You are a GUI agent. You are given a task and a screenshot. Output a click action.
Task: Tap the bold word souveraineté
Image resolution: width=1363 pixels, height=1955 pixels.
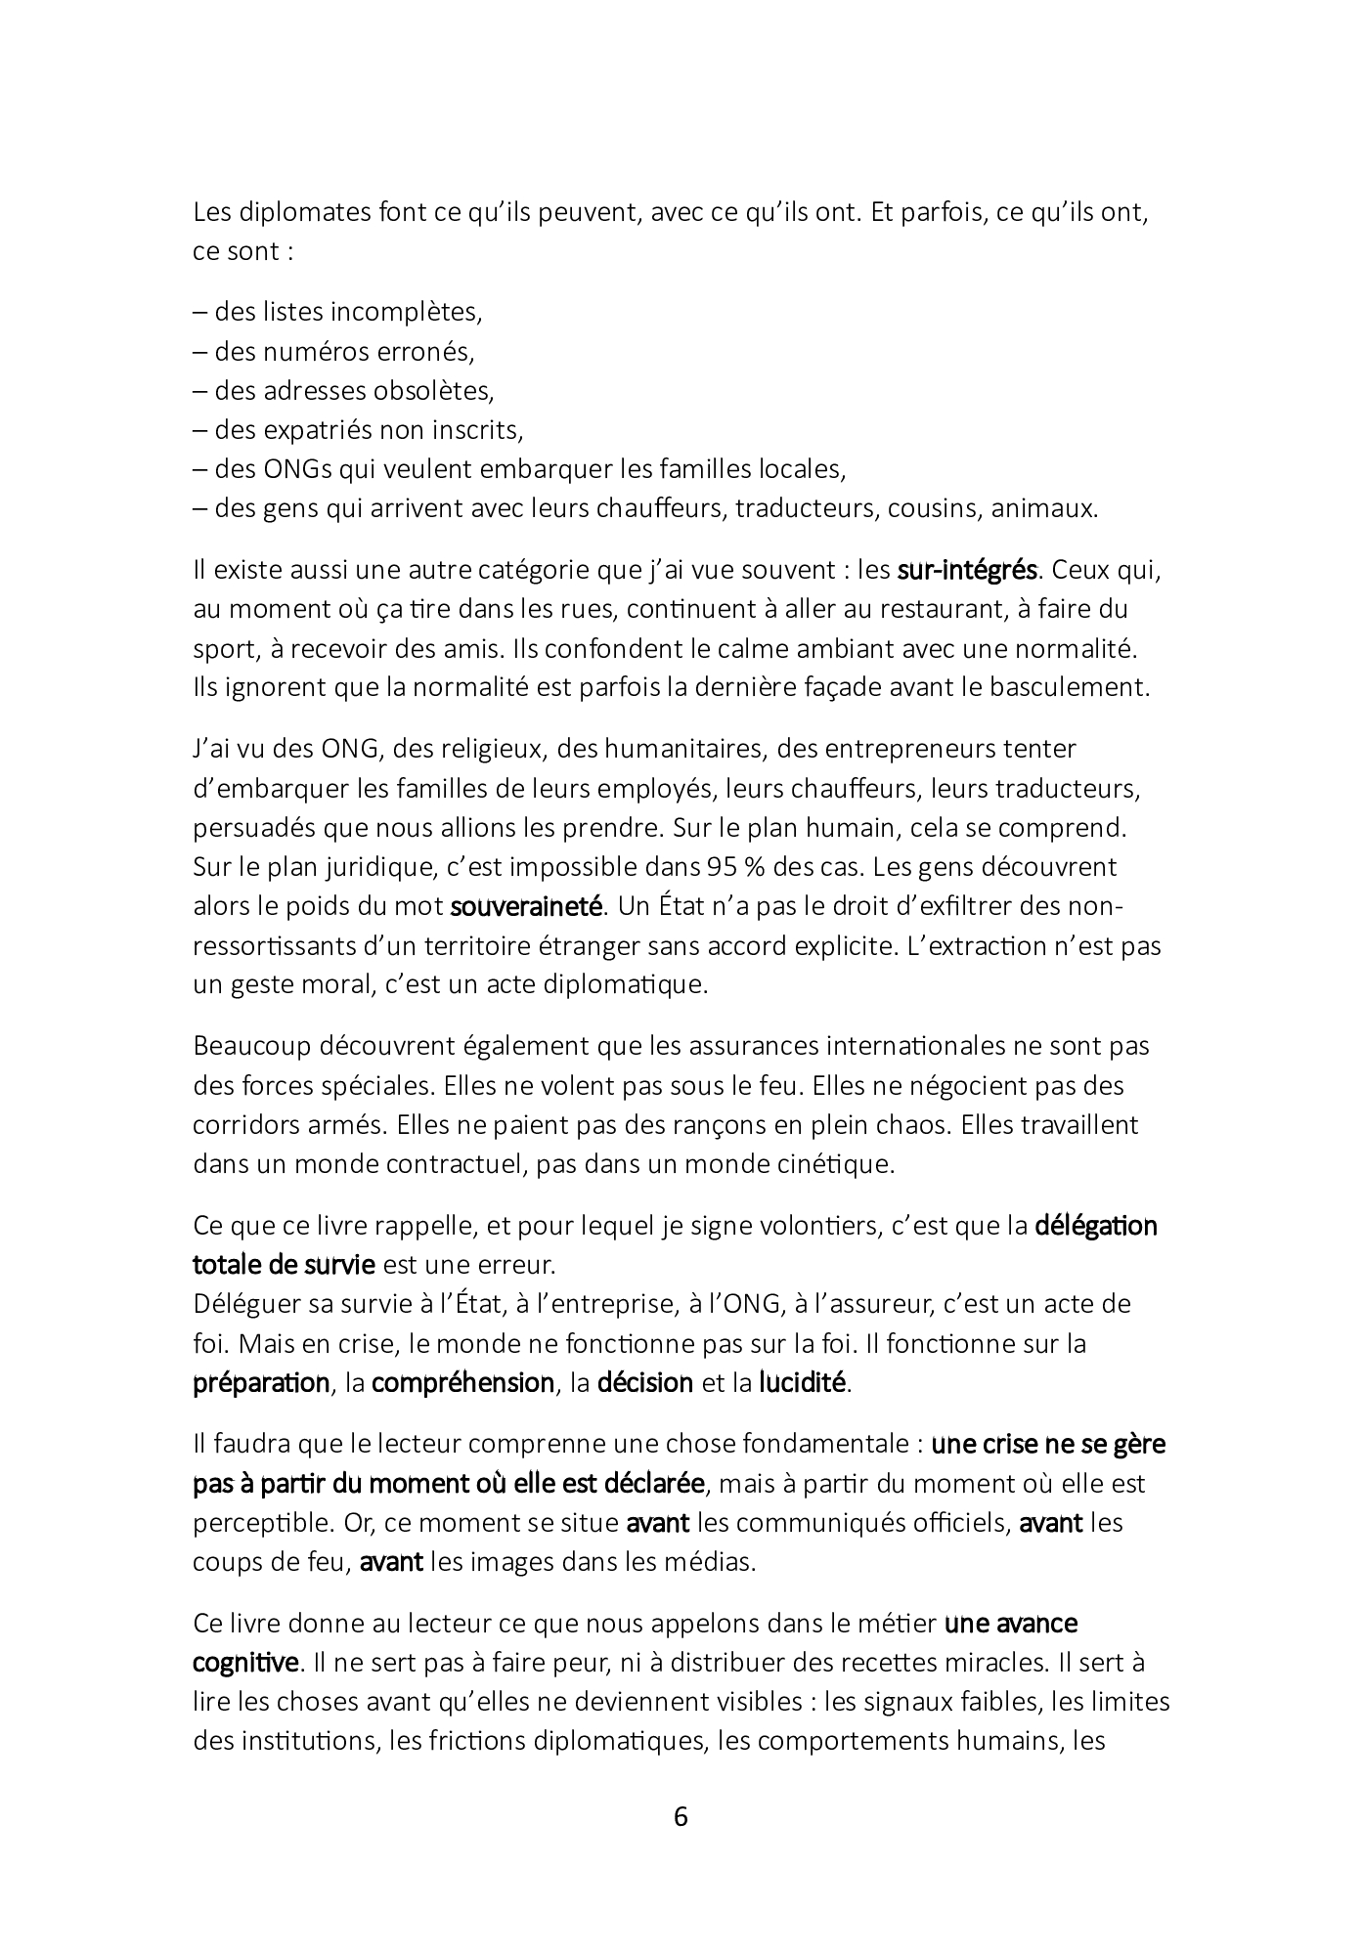(525, 906)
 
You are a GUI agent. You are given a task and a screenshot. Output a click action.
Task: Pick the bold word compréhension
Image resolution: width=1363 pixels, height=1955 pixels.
(462, 1383)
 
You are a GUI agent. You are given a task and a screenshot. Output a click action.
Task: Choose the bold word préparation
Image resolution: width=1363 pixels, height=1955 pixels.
(261, 1383)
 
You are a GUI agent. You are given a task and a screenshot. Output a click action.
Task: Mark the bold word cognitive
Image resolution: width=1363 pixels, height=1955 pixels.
(245, 1663)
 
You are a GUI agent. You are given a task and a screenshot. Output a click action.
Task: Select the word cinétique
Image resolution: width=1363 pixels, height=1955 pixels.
(832, 1165)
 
